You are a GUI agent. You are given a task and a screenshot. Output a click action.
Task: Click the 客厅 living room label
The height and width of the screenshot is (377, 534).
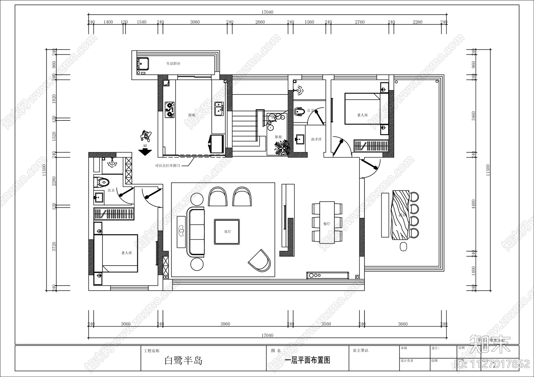pyautogui.click(x=228, y=232)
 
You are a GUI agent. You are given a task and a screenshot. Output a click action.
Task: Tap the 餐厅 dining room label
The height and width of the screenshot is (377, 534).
pyautogui.click(x=327, y=224)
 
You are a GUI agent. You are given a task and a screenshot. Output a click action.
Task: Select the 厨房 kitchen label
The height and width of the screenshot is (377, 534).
pyautogui.click(x=192, y=115)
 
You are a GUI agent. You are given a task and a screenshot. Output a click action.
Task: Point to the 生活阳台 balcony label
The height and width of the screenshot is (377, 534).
pyautogui.click(x=173, y=63)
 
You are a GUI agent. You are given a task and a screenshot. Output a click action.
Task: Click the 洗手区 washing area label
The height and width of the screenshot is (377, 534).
pyautogui.click(x=316, y=139)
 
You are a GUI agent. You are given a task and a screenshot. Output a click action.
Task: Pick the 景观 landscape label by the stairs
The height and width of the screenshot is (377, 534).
pyautogui.click(x=278, y=137)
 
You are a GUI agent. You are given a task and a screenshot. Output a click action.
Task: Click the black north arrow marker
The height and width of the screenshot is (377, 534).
pyautogui.click(x=145, y=152)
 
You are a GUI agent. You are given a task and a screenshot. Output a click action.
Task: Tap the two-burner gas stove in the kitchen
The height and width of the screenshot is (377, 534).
pyautogui.click(x=170, y=110)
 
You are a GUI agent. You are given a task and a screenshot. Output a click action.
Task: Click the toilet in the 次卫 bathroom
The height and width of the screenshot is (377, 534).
pyautogui.click(x=102, y=182)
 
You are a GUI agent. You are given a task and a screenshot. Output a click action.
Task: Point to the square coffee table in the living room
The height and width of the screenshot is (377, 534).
pyautogui.click(x=227, y=232)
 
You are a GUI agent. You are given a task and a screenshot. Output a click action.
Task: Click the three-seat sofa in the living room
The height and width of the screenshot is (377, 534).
pyautogui.click(x=196, y=232)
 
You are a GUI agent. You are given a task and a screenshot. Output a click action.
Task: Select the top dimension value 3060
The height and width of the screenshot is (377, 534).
pyautogui.click(x=195, y=22)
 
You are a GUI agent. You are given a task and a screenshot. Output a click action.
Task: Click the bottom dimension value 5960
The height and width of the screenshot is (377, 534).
pyautogui.click(x=225, y=324)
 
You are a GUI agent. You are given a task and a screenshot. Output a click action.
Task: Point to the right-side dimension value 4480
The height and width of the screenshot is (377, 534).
pyautogui.click(x=474, y=204)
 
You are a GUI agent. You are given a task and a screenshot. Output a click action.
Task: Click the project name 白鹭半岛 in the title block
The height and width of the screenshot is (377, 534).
pyautogui.click(x=184, y=361)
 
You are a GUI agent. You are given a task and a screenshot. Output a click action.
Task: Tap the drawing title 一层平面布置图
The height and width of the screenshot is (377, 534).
pyautogui.click(x=307, y=360)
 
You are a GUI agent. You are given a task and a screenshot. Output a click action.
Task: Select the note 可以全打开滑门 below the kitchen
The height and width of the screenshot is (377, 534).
pyautogui.click(x=167, y=165)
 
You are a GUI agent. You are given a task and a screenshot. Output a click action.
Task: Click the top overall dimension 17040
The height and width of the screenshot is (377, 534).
pyautogui.click(x=267, y=12)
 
